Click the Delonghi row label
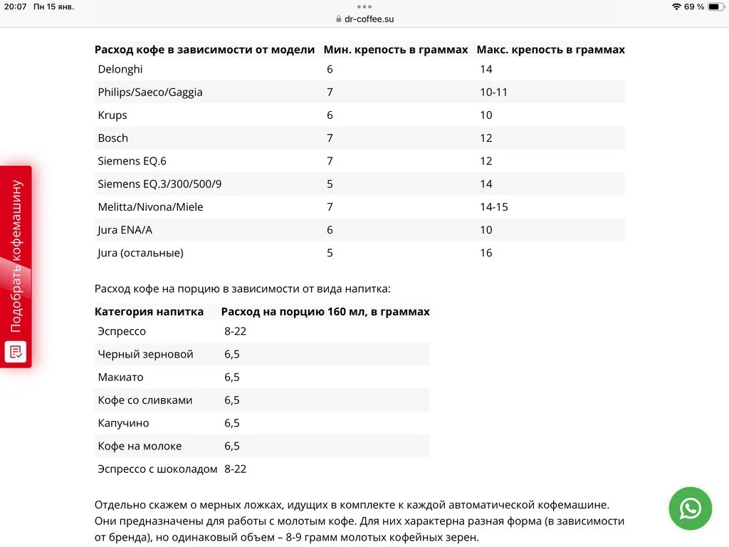[120, 69]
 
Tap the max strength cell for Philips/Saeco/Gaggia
[493, 92]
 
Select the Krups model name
[112, 115]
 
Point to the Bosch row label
[113, 137]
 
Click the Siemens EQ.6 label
[132, 161]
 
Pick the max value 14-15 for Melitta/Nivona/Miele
[493, 207]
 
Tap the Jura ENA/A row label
[125, 229]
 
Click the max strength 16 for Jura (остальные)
[486, 252]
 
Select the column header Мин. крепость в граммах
[396, 50]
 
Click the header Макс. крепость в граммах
[550, 50]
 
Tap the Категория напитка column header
[149, 311]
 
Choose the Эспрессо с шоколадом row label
[157, 469]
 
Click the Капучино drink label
[123, 423]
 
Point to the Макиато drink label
[120, 377]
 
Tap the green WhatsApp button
[690, 508]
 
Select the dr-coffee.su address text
[369, 19]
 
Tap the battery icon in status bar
[714, 6]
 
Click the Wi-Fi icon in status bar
[676, 6]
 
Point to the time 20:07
[15, 6]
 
